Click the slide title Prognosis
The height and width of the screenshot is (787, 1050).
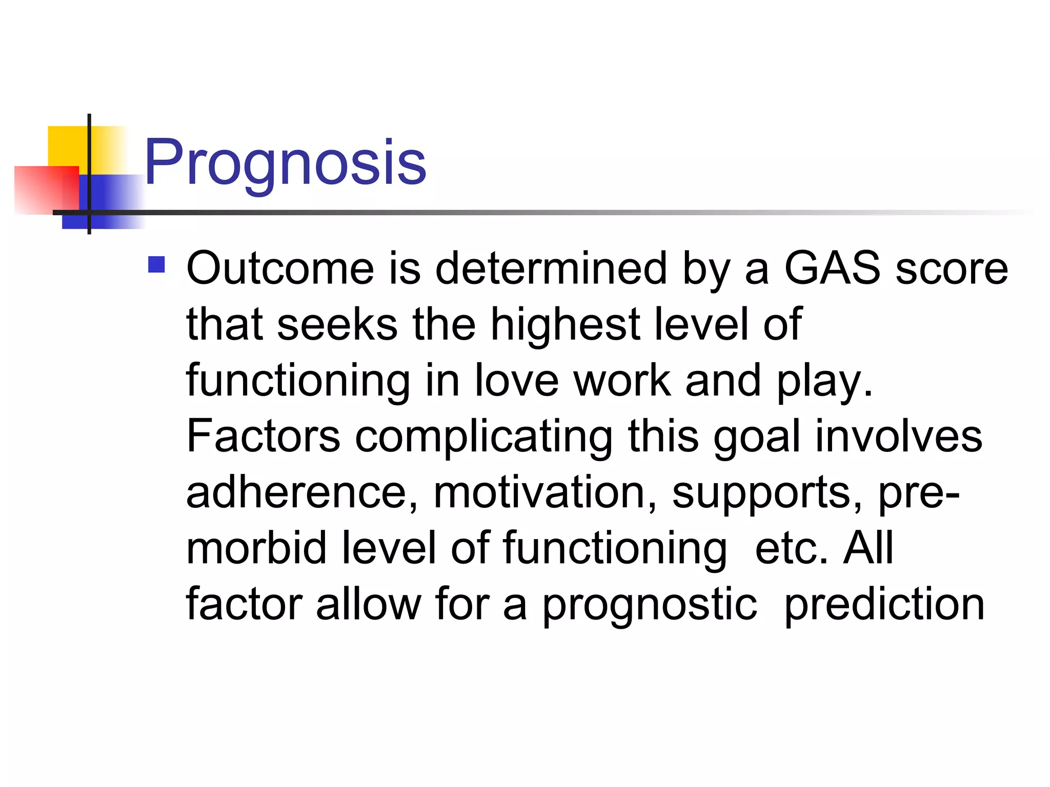click(x=285, y=163)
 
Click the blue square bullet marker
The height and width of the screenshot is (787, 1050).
click(x=156, y=265)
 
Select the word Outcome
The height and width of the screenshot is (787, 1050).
click(x=280, y=268)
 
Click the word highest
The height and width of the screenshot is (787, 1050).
click(x=566, y=325)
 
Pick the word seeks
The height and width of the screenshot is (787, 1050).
click(x=337, y=325)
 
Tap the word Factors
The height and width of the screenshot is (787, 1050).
click(x=263, y=436)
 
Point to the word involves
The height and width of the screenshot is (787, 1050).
click(x=898, y=436)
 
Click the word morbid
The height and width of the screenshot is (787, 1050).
click(x=256, y=548)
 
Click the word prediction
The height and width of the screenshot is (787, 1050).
click(x=884, y=605)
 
